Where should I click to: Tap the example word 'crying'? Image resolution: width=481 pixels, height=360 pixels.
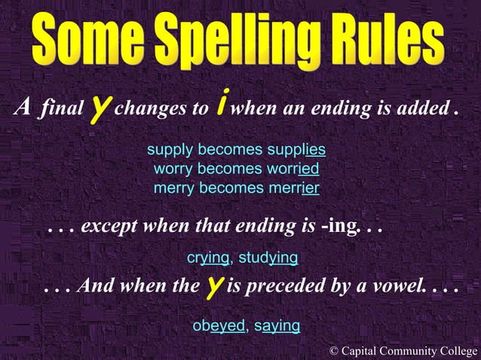(x=208, y=258)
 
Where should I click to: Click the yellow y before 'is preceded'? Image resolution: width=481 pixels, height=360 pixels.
(x=214, y=286)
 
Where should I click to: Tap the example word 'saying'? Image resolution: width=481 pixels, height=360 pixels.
(x=277, y=326)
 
